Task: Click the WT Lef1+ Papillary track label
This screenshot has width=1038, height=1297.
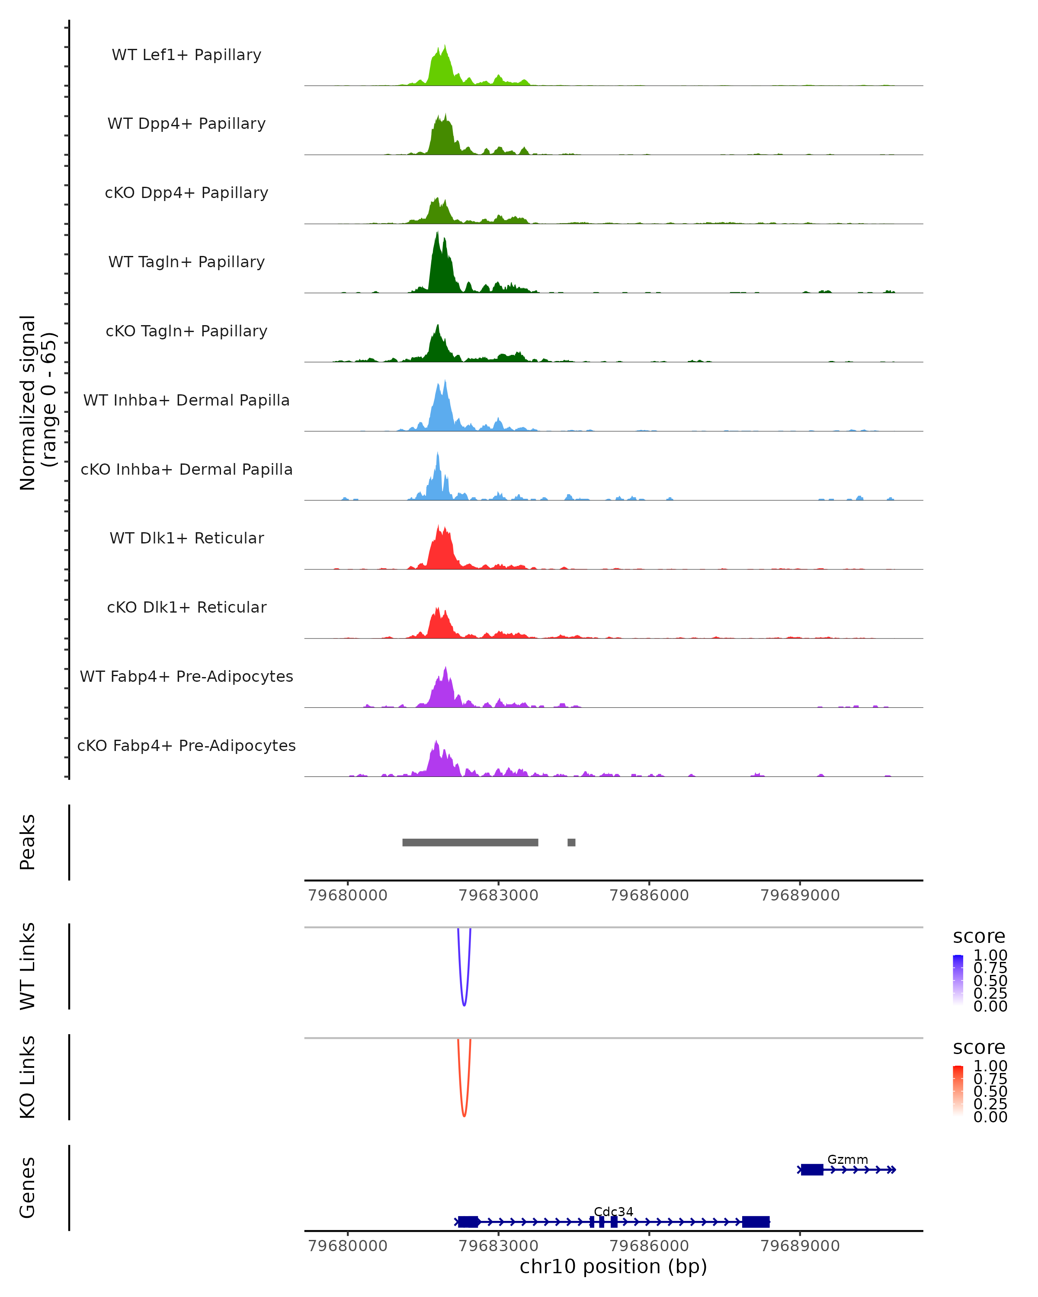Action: [186, 55]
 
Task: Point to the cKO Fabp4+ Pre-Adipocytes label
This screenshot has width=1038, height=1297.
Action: [186, 745]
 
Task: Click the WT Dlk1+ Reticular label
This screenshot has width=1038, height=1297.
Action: [186, 538]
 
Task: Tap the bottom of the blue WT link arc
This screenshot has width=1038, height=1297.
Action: [464, 1005]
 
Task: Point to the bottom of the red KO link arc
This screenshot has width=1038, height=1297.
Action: [464, 1116]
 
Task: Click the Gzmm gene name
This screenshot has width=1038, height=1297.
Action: [847, 1159]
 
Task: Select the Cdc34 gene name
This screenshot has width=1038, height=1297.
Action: [613, 1211]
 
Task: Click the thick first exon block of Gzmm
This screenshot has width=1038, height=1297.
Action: [812, 1169]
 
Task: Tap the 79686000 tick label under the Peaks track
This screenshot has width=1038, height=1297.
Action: [649, 895]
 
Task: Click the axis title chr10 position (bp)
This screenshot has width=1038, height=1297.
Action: [613, 1266]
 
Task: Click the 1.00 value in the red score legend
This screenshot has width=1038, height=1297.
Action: [990, 1066]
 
